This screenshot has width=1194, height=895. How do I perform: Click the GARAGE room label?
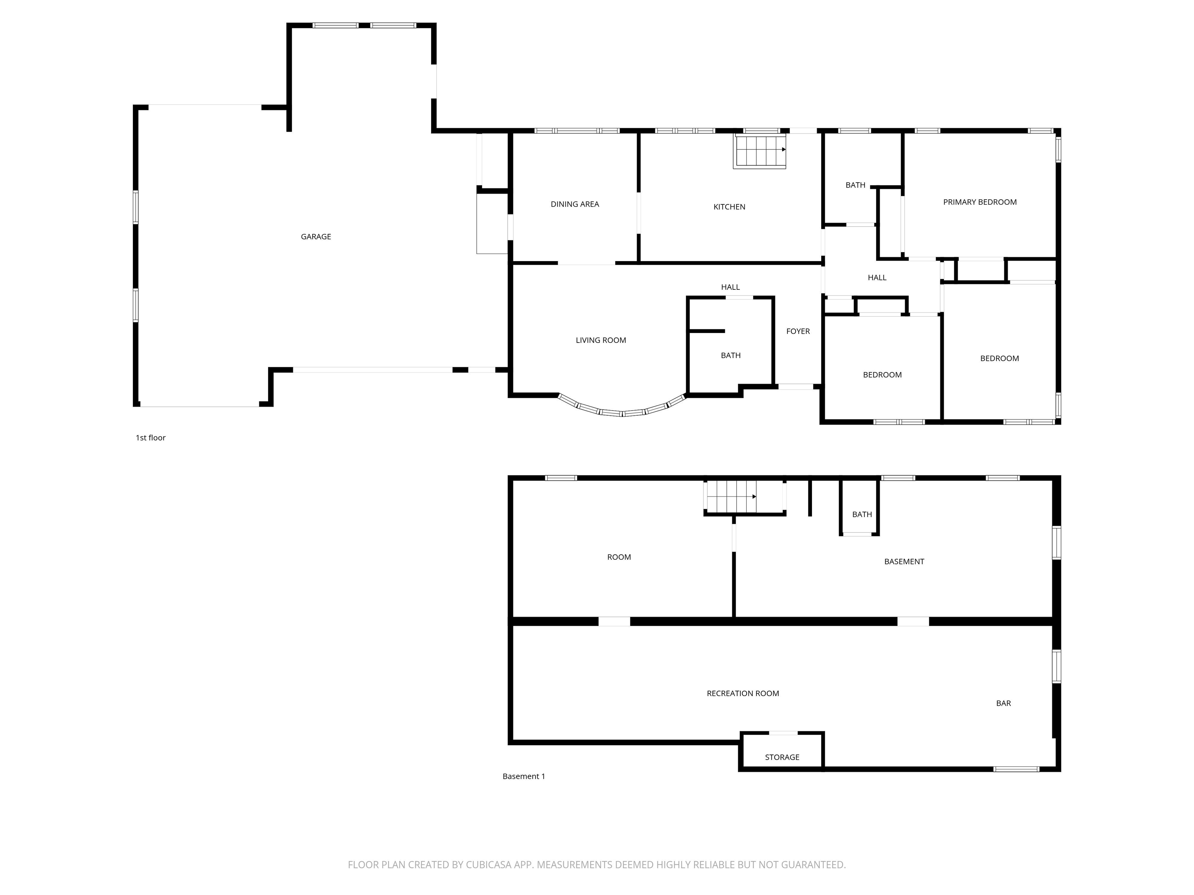click(316, 236)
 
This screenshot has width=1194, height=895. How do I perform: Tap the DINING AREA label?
click(575, 204)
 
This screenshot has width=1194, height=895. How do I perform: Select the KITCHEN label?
click(729, 207)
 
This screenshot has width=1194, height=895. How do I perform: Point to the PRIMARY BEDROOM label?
click(980, 202)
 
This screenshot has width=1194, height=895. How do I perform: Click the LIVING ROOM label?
click(601, 340)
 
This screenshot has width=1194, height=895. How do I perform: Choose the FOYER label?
click(798, 331)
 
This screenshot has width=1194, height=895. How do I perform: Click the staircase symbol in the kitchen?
click(759, 151)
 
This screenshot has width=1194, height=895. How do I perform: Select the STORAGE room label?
click(782, 757)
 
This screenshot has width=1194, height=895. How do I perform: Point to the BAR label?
click(1004, 703)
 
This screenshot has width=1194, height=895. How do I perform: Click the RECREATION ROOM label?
click(743, 693)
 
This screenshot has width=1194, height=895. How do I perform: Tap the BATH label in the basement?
click(862, 514)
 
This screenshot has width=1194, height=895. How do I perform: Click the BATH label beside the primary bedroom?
click(855, 185)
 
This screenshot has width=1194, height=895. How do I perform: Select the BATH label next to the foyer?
click(730, 355)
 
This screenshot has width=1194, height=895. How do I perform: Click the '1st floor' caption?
click(150, 437)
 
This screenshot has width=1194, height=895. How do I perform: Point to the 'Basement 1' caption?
click(524, 776)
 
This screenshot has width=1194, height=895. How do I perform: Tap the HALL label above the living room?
click(730, 287)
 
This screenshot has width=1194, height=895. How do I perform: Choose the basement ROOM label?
click(619, 557)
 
